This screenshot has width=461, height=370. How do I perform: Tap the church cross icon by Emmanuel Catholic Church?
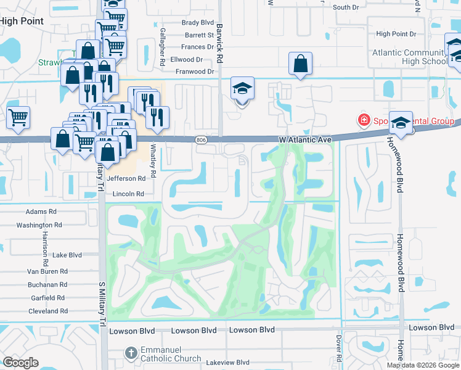click(131, 353)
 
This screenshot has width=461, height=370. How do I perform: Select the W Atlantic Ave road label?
click(305, 141)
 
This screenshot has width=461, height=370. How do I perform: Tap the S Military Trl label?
click(102, 305)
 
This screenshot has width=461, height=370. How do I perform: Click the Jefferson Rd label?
click(126, 178)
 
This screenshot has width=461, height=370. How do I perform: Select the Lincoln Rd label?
click(128, 194)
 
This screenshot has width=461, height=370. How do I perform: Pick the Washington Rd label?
click(39, 225)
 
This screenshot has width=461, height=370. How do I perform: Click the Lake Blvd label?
click(67, 255)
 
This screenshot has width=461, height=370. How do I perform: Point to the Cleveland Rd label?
click(47, 311)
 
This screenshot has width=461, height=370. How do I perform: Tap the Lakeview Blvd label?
click(228, 363)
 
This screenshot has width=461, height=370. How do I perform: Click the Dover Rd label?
click(339, 348)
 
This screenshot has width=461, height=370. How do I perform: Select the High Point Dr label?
click(396, 34)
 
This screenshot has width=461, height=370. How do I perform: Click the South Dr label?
click(346, 7)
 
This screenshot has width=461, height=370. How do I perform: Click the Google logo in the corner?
click(20, 363)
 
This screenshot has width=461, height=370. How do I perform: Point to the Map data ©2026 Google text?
click(422, 365)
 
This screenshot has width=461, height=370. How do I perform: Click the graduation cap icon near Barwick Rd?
click(242, 89)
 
